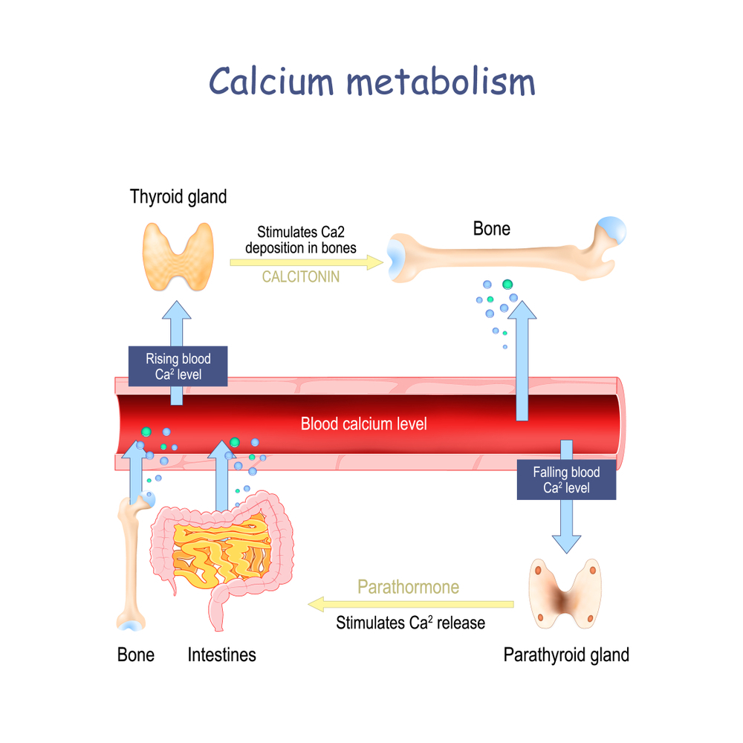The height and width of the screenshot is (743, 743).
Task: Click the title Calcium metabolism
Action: (x=371, y=80)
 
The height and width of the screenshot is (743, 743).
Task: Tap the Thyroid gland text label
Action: (x=178, y=197)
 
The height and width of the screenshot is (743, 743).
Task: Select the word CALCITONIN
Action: (x=301, y=277)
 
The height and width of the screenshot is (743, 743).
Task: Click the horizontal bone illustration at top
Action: (x=505, y=253)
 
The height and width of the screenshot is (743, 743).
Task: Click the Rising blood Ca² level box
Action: (x=178, y=366)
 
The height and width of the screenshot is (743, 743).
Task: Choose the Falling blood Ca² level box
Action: (x=566, y=479)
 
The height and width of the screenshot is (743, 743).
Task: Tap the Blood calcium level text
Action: (x=364, y=424)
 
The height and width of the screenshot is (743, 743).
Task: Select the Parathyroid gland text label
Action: (x=566, y=655)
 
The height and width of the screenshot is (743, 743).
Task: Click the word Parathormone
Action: (x=408, y=587)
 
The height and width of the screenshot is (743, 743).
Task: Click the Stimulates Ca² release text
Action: (x=410, y=623)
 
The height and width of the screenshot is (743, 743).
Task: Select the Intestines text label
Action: (x=221, y=655)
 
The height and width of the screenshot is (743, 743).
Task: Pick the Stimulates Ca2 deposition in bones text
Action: (x=301, y=239)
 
